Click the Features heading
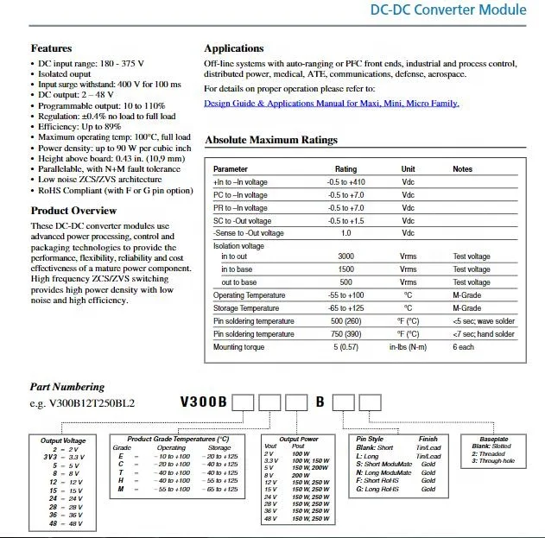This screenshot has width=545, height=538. click(51, 48)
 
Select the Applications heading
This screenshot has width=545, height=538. click(234, 48)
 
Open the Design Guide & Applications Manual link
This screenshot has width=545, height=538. click(331, 104)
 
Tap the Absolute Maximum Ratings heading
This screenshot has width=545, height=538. click(271, 140)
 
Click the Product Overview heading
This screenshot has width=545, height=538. click(73, 211)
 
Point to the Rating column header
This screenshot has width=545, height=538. click(345, 169)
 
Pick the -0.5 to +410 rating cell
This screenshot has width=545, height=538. click(345, 182)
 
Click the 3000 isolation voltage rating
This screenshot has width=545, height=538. click(345, 256)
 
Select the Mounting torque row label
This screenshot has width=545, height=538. click(240, 347)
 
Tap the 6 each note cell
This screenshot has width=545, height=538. click(463, 347)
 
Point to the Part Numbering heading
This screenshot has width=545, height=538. click(67, 387)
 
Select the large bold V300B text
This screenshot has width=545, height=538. click(204, 402)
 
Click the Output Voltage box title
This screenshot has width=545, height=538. click(63, 441)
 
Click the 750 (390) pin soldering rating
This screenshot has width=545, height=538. click(345, 334)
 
